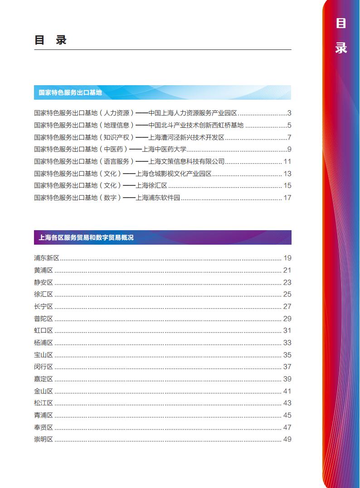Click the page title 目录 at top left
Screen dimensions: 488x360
50,40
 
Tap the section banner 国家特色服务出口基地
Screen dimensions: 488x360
70,92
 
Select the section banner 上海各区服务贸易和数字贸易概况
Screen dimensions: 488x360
86,237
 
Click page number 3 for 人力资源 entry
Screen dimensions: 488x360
289,113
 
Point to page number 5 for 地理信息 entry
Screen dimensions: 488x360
289,125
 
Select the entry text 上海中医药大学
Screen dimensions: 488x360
164,149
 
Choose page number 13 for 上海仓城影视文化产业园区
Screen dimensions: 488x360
287,174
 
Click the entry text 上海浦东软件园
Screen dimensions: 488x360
158,198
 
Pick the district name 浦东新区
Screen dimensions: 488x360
47,258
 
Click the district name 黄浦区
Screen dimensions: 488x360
44,270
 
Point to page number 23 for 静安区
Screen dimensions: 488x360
287,282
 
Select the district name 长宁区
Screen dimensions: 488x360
44,306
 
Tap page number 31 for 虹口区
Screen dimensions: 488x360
287,330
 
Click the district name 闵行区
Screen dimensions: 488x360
44,367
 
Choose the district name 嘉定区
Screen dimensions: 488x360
44,379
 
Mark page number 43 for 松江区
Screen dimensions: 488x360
287,403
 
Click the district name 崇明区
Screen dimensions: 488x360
44,439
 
